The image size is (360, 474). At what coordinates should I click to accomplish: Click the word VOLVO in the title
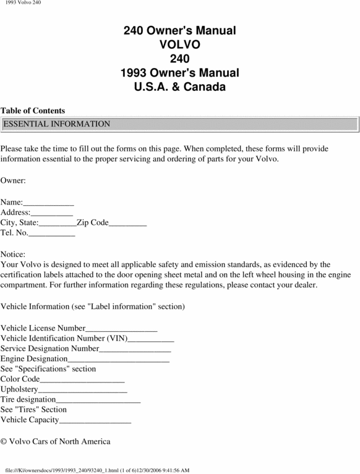point(180,44)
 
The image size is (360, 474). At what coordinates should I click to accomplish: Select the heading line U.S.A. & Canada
point(180,87)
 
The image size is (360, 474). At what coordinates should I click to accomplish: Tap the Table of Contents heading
point(33,111)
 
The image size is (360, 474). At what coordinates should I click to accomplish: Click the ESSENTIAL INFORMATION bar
point(180,124)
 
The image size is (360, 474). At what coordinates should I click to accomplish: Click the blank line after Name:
point(49,203)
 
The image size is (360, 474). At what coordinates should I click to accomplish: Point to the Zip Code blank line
point(128,223)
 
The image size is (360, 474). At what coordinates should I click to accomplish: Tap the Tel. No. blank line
point(52,233)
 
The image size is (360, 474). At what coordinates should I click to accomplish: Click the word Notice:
point(13,254)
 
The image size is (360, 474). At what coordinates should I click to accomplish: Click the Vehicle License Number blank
point(121,328)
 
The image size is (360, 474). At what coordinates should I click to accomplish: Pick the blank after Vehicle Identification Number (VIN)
point(151,339)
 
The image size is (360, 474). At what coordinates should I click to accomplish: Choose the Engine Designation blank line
point(118,359)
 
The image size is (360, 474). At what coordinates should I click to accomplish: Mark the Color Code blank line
point(82,379)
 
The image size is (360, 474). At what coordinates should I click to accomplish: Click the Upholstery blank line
point(83,390)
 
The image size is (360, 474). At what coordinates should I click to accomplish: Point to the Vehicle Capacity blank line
point(95,420)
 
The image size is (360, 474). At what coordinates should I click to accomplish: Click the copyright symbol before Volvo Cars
point(4,441)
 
